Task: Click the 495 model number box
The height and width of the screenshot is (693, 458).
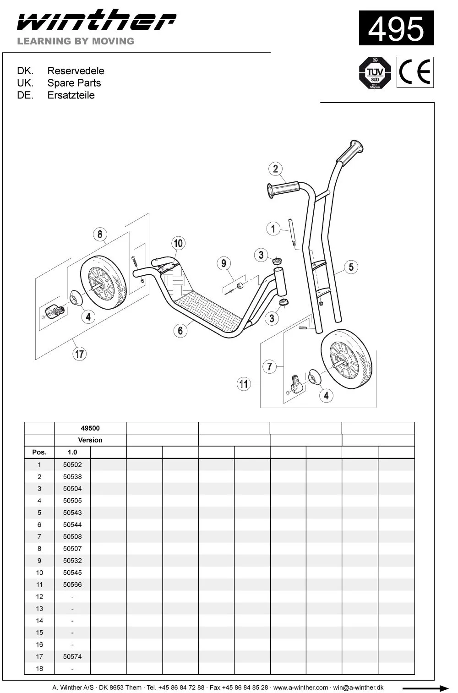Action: [396, 28]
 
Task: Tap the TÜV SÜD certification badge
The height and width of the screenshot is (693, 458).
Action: [375, 73]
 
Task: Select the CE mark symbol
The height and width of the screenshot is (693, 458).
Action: [415, 72]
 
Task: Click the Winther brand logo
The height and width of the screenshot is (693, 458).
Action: [97, 20]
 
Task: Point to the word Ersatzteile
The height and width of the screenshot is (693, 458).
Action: [71, 95]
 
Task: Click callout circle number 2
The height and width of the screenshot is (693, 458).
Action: [275, 169]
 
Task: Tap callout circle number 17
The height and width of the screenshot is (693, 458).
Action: [80, 354]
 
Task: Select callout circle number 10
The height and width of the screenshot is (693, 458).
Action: [179, 243]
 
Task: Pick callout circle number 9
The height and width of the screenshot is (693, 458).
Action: [224, 263]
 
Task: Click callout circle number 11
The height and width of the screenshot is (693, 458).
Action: [244, 384]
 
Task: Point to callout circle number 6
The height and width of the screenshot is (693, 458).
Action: [180, 331]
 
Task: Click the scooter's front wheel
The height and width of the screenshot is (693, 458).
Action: [346, 359]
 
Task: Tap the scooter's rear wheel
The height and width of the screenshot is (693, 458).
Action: [104, 282]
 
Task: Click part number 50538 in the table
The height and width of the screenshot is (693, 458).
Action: [72, 476]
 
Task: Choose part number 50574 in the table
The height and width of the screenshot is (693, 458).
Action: [72, 656]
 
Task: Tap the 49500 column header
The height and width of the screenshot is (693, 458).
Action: [90, 428]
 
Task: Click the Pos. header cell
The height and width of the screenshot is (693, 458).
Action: [39, 452]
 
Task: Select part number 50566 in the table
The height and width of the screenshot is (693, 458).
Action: [72, 584]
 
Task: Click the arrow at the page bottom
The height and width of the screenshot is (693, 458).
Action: [425, 688]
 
